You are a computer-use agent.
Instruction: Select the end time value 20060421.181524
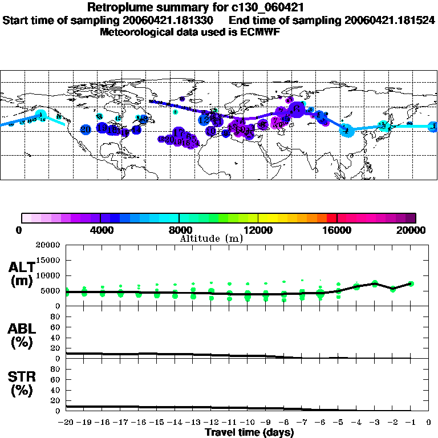pos(390,20)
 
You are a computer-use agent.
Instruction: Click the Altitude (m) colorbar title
pos(212,238)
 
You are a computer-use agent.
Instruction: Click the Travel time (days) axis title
pos(249,433)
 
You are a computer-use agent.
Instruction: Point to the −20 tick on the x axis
pos(67,423)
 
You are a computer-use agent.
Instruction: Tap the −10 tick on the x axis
pos(248,423)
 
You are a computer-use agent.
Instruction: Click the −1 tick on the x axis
pos(409,423)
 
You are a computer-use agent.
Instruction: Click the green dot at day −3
pos(375,283)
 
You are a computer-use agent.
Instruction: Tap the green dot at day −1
pos(411,283)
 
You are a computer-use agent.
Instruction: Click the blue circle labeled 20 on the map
pos(86,129)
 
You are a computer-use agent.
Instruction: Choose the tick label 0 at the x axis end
pos(429,423)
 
